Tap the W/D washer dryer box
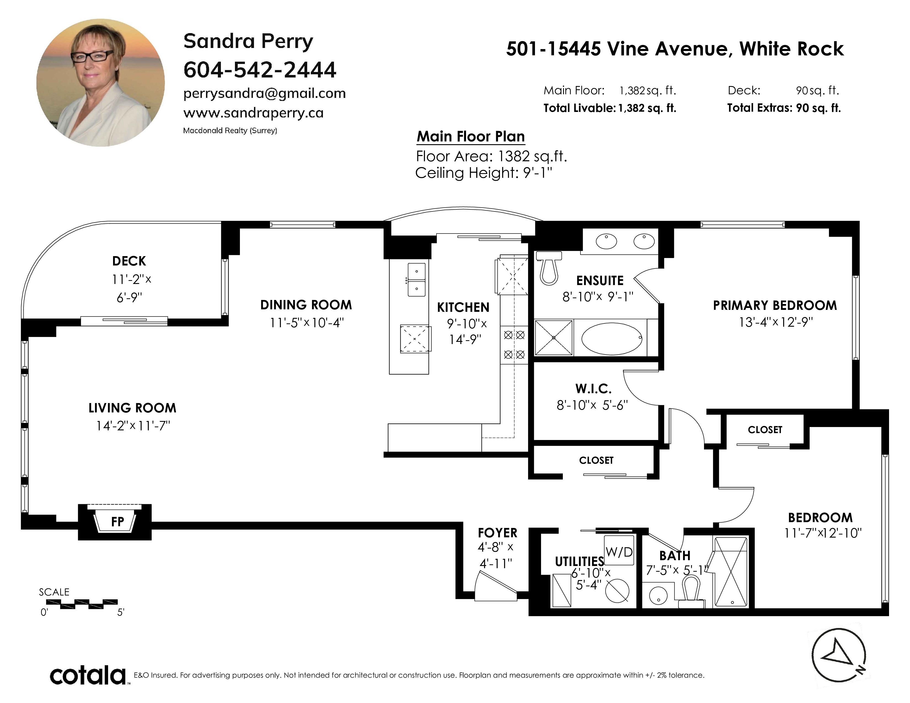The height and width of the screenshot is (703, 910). tap(619, 550)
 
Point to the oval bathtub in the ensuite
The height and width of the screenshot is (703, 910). tap(612, 339)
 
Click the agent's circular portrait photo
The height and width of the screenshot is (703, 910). tap(100, 82)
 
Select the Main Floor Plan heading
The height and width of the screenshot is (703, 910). tap(471, 136)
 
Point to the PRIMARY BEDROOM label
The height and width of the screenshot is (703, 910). tap(775, 305)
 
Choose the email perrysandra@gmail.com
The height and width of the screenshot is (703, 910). tap(264, 93)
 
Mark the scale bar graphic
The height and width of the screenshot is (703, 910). tap(82, 604)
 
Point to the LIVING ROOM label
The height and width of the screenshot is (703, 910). tap(132, 408)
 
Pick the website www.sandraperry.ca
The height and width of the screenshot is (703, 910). tap(253, 113)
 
